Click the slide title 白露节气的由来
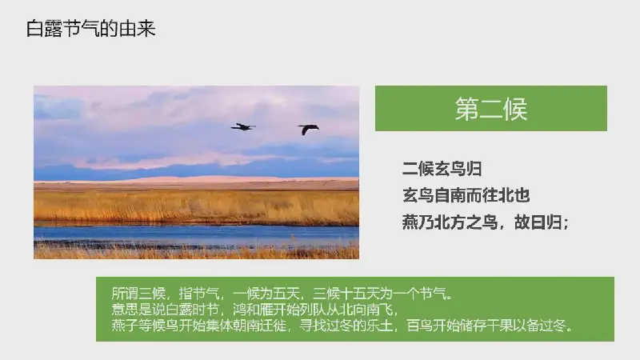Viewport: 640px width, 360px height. click(x=90, y=29)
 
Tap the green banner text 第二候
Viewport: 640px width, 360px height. click(x=491, y=109)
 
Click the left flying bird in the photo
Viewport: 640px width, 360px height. click(x=243, y=127)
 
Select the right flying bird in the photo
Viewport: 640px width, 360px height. click(x=308, y=129)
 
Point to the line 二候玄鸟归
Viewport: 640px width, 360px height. click(x=442, y=169)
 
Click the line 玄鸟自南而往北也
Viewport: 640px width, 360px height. click(x=466, y=195)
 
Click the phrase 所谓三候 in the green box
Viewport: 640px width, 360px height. click(x=138, y=293)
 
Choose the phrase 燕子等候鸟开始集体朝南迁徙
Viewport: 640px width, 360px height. click(x=198, y=326)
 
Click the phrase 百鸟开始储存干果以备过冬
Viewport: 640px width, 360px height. click(x=486, y=326)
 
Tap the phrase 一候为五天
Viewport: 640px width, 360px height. click(x=266, y=293)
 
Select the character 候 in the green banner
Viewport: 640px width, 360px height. click(x=515, y=109)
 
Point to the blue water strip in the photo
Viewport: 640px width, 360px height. click(x=196, y=234)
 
